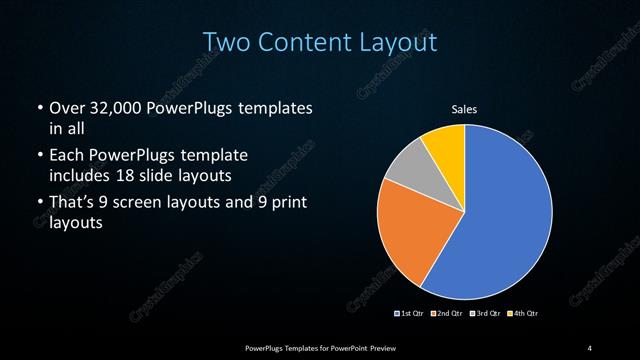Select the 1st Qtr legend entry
pos(411,314)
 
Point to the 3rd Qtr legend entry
pos(484,314)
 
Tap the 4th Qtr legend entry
pos(524,314)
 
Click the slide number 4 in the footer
pos(590,347)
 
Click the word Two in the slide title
pos(226,43)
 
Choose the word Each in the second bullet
pos(66,156)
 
